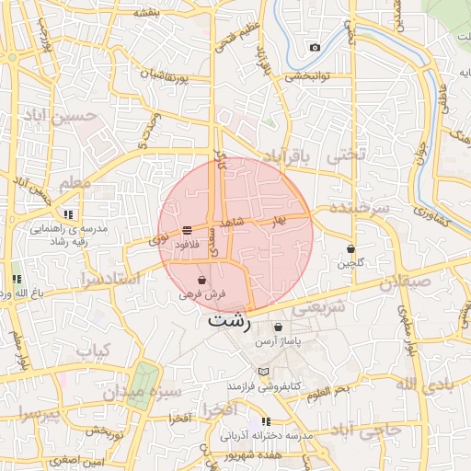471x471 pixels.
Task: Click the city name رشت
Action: point(228,321)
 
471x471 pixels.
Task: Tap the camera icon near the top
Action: point(316,47)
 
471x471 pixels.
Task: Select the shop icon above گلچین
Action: point(351,248)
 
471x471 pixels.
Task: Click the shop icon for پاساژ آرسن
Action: point(279,327)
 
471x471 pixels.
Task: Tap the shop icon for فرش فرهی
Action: point(201,280)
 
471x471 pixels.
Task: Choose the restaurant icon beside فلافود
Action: point(187,229)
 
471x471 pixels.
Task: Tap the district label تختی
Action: point(347,154)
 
